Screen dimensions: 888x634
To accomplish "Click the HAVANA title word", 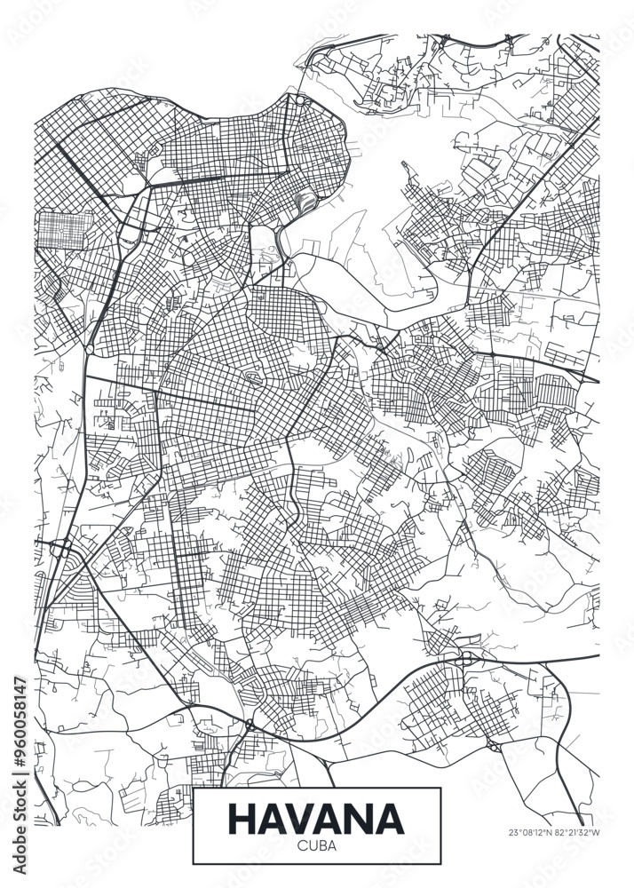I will (316, 818).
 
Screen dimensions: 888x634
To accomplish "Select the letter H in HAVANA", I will (244, 818).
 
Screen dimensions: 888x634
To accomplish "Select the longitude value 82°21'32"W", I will (578, 833).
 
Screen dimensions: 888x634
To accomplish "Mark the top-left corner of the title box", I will (194, 788).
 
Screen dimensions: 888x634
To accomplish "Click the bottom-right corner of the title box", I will (440, 864).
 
